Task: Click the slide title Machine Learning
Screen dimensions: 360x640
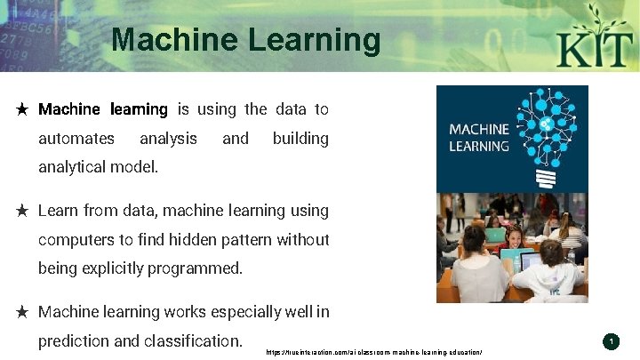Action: pos(246,40)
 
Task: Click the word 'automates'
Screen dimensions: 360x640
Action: pos(76,139)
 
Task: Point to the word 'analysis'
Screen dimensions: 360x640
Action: pos(168,139)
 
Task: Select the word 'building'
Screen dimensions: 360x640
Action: pos(300,139)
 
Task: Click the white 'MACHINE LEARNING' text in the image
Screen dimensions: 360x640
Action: pos(479,138)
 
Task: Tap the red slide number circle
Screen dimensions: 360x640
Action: pos(611,341)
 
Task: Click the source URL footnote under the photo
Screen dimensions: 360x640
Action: pos(374,353)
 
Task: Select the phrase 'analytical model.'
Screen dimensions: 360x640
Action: pos(99,166)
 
